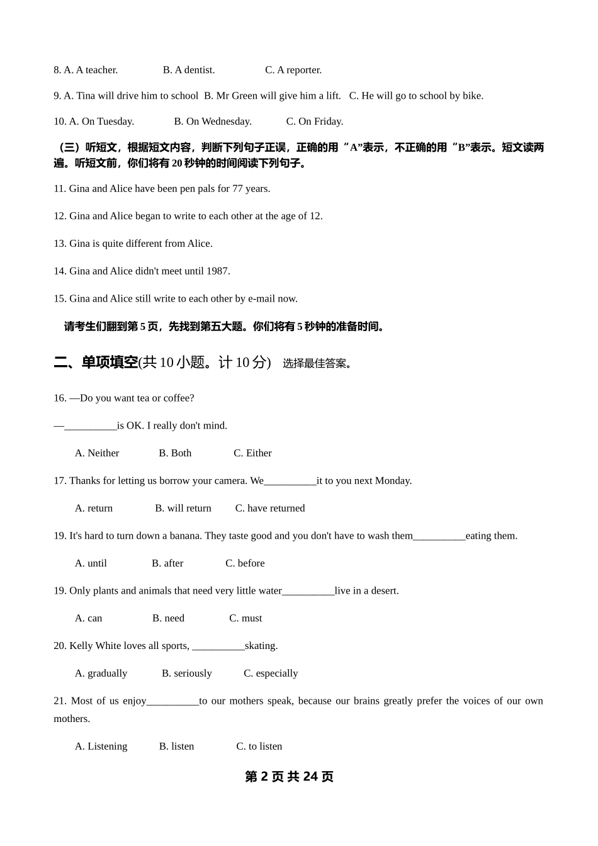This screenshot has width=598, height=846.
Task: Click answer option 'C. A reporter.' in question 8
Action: coord(293,70)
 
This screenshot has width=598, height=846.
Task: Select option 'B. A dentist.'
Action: coord(189,70)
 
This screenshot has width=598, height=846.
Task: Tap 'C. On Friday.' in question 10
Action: coord(315,121)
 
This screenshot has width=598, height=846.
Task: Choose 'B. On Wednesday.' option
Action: coord(213,121)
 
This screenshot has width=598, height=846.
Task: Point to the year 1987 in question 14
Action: coord(218,271)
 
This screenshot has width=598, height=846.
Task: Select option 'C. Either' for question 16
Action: coord(252,453)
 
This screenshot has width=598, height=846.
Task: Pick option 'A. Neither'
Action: coord(97,453)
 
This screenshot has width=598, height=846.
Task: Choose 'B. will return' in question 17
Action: coord(183,509)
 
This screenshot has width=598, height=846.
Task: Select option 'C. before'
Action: coord(245,563)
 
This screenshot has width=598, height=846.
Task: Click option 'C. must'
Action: coord(245,619)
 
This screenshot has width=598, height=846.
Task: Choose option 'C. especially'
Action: coord(271,674)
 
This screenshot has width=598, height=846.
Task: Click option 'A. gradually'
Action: coord(101,674)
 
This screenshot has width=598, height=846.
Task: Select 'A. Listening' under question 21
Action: coord(101,747)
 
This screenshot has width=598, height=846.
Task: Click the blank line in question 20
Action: coord(218,647)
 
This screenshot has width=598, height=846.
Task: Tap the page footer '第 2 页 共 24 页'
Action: coord(289,777)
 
